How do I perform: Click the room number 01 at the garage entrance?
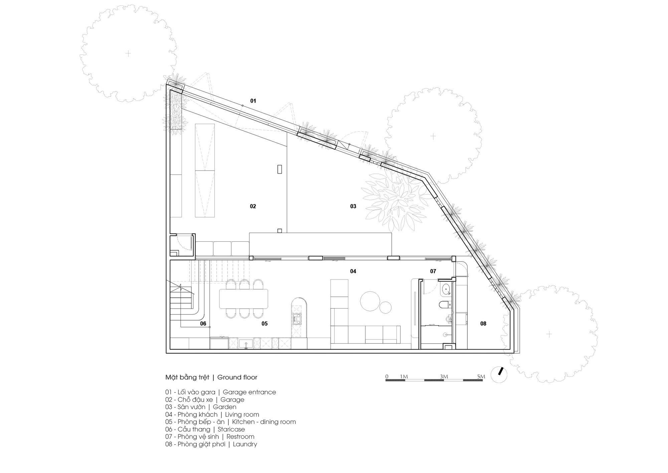coord(253,101)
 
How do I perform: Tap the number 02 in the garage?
coord(253,206)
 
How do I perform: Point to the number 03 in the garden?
coord(353,206)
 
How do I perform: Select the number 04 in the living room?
coord(353,271)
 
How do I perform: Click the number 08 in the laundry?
coord(483,323)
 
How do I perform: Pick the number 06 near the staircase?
coord(203,323)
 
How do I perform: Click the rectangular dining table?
coord(243,299)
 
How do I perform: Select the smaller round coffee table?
coord(386,307)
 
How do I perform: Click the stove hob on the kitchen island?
coord(296,319)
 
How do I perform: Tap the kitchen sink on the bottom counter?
coord(246,343)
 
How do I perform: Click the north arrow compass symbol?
coord(499,375)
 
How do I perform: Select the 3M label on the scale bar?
coord(444,377)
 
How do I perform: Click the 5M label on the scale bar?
coord(481,377)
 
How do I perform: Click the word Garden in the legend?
coord(224,407)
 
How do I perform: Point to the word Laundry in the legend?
coord(245,444)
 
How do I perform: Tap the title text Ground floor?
coord(237,377)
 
